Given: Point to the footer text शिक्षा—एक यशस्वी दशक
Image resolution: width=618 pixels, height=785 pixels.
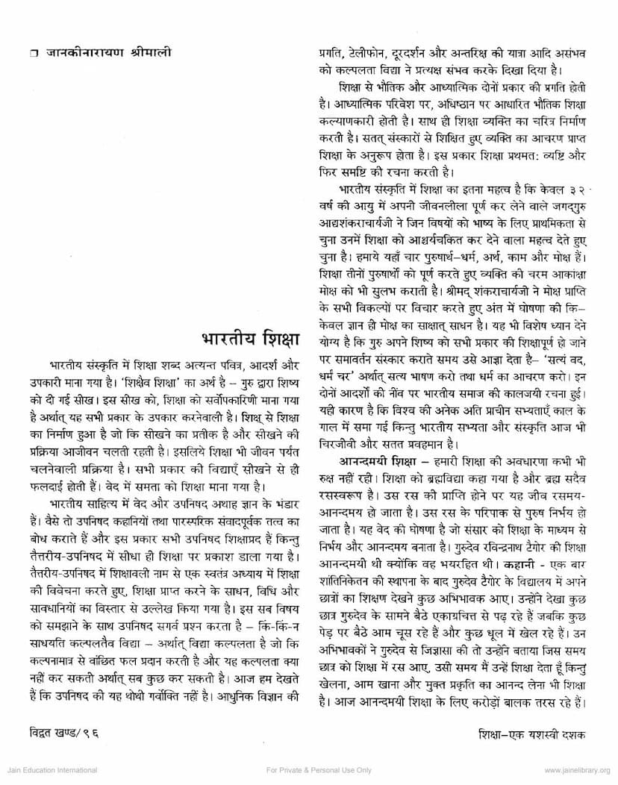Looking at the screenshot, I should pos(533,734).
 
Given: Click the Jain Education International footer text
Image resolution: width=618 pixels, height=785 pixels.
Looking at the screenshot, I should pos(49,770).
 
